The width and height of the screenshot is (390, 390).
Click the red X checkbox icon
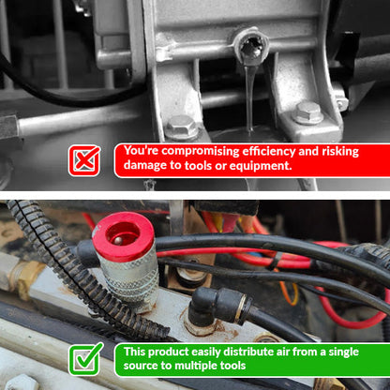click(x=84, y=160)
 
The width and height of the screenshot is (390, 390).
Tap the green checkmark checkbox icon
click(x=85, y=359)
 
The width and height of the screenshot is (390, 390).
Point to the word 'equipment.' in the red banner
click(x=261, y=166)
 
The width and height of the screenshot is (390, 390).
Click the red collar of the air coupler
click(x=123, y=236)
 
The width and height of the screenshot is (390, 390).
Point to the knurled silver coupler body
click(x=127, y=278)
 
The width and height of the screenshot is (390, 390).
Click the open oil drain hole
click(x=250, y=48)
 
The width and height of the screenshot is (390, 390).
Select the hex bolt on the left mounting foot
click(x=181, y=127)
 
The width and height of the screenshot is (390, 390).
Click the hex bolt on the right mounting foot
click(x=308, y=112)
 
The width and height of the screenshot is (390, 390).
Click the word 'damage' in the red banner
click(x=145, y=166)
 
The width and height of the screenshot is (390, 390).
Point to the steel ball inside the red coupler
click(x=117, y=240)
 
